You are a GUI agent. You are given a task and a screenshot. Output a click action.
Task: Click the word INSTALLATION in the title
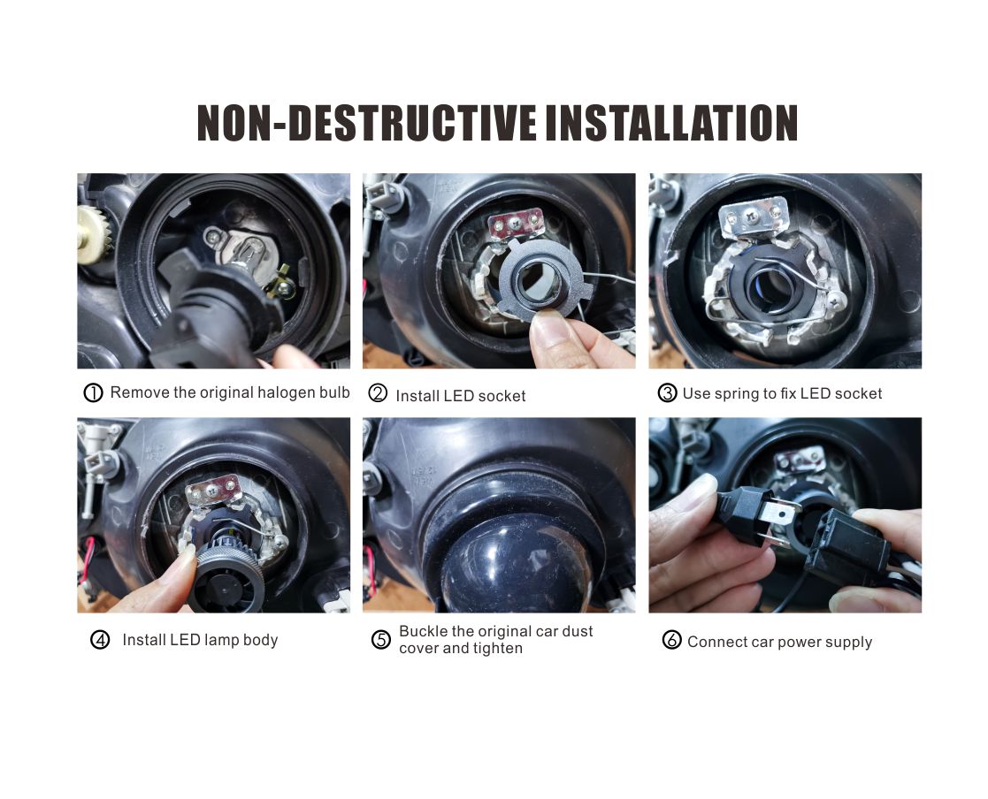[671, 123]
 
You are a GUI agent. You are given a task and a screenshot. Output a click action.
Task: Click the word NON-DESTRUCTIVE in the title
[367, 123]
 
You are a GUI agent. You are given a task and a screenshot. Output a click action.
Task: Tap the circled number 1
[93, 393]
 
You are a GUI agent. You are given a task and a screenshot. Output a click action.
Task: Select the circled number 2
[378, 393]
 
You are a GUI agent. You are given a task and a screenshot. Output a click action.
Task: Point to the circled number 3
[667, 393]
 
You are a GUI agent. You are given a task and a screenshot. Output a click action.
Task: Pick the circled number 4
[100, 640]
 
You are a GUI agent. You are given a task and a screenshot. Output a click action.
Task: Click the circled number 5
[381, 640]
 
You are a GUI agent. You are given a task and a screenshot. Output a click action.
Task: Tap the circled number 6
[671, 640]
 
